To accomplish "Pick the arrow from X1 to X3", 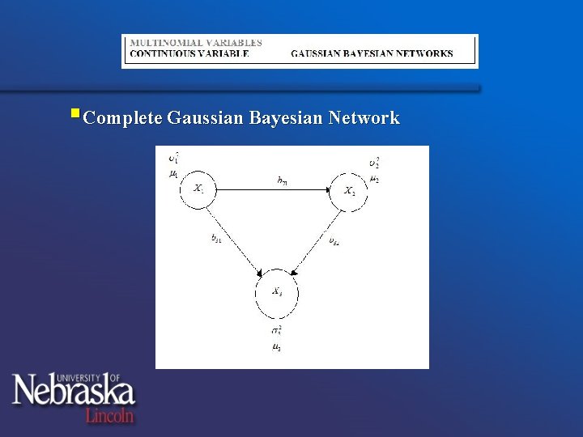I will [235, 239].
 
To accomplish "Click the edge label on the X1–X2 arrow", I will [282, 181].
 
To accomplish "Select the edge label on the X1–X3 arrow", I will [217, 240].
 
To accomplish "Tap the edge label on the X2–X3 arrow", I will [334, 240].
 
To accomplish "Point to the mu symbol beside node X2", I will [373, 178].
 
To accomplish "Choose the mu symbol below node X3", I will [276, 346].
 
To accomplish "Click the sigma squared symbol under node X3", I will [276, 331].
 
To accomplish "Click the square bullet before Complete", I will [74, 114].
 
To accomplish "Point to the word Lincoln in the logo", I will [110, 414].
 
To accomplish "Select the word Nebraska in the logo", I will [73, 391].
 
